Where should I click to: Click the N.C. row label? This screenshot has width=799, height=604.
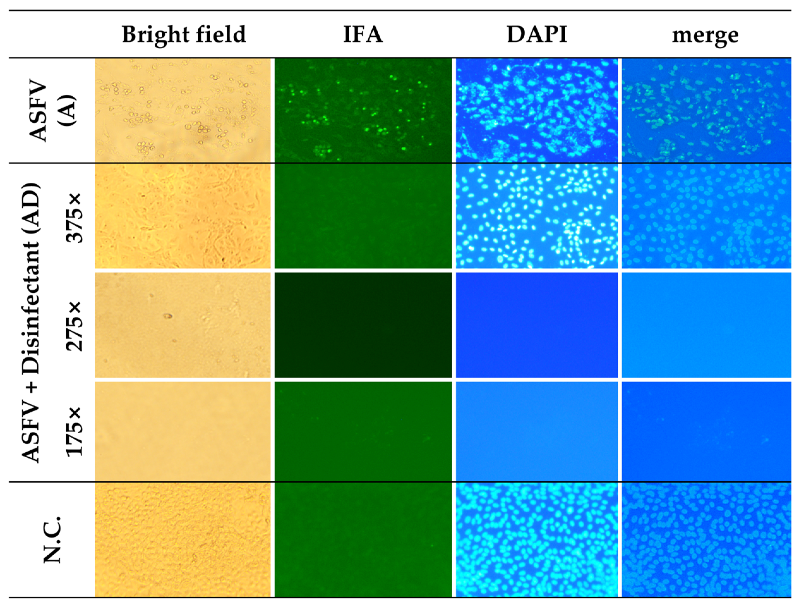click(x=52, y=540)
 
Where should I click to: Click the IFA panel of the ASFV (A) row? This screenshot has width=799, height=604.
click(x=363, y=110)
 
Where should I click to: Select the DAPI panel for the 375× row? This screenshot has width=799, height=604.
click(x=537, y=216)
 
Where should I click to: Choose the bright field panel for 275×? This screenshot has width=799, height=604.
click(x=183, y=325)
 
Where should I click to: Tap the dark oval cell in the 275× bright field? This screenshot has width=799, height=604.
click(x=168, y=316)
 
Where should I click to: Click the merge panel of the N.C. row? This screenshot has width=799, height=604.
click(x=706, y=540)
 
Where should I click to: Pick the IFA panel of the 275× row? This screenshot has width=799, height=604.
click(x=363, y=325)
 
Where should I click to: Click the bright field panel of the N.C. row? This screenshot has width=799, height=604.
click(x=183, y=540)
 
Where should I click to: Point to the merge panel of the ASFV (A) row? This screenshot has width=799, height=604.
click(x=706, y=110)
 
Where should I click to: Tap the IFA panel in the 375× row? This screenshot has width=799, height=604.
click(x=363, y=216)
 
